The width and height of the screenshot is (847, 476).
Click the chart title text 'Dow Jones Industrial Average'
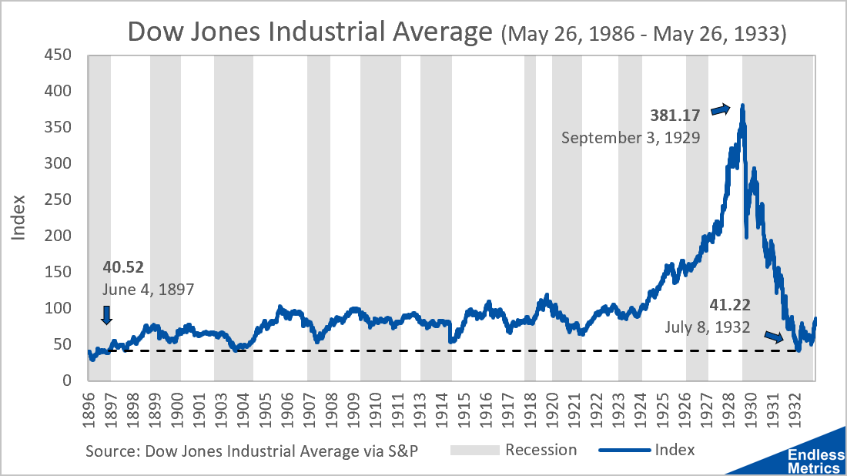[310, 32]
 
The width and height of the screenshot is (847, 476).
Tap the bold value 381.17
[676, 116]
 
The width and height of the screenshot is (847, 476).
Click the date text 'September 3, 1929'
[631, 139]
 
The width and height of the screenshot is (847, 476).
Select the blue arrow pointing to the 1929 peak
[719, 109]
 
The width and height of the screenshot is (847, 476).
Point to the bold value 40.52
[123, 267]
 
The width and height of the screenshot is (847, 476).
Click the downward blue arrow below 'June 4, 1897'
[106, 314]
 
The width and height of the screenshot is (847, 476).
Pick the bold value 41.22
[730, 304]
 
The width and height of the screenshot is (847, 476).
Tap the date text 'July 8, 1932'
[708, 327]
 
